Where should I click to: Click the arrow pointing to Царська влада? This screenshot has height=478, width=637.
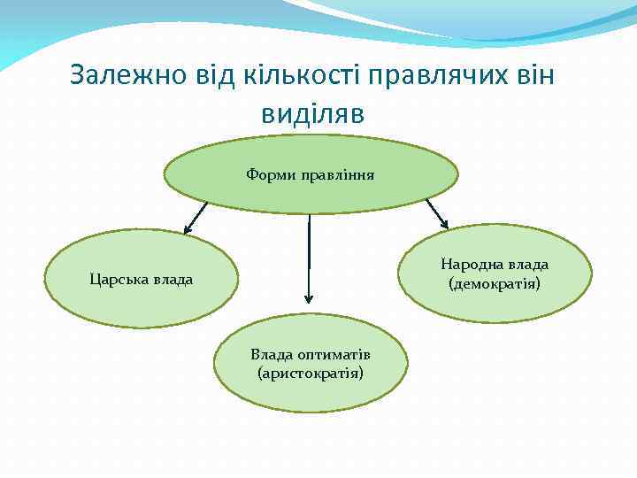195,218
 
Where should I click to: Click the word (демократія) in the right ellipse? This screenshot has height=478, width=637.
495,284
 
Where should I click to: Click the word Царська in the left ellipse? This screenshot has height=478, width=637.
118,281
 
